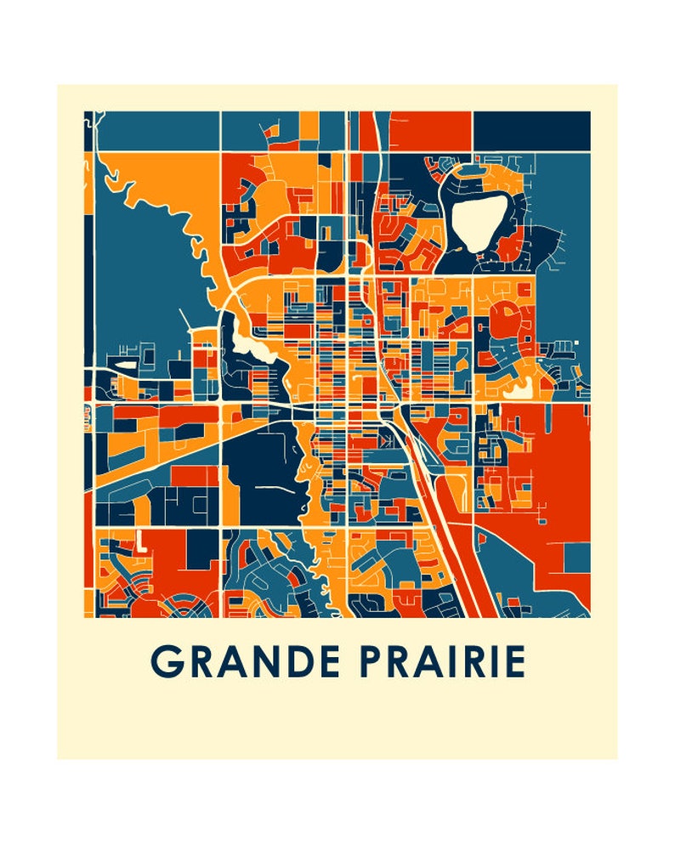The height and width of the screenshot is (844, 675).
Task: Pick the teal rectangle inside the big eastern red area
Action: tap(577, 558)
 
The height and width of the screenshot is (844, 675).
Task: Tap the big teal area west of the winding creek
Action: tap(136, 272)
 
